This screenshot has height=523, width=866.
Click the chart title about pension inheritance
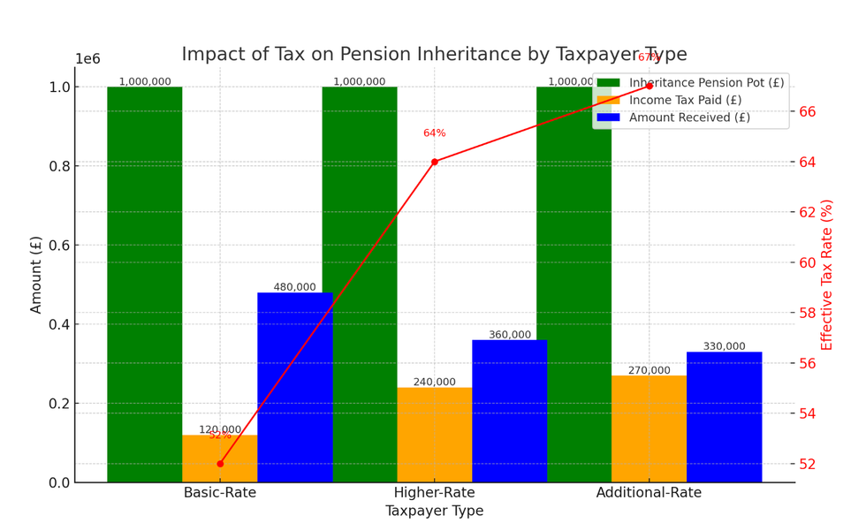(x=434, y=55)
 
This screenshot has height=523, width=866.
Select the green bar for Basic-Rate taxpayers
(x=145, y=283)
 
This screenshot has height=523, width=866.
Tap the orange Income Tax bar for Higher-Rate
(x=434, y=435)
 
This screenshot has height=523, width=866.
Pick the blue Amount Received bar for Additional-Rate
(x=724, y=417)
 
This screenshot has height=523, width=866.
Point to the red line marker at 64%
(x=434, y=162)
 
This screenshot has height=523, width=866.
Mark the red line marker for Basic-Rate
(x=220, y=464)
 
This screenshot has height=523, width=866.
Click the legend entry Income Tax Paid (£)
(x=685, y=100)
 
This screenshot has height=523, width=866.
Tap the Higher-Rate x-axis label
(x=434, y=493)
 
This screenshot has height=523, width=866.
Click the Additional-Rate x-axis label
(x=649, y=493)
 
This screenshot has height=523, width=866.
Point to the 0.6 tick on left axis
(x=58, y=245)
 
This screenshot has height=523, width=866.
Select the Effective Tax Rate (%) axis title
(x=827, y=275)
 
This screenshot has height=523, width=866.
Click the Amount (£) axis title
(x=36, y=275)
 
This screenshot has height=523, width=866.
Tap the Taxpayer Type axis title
(x=434, y=512)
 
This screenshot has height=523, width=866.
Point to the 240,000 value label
(x=434, y=383)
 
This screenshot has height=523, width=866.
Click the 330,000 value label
(x=724, y=346)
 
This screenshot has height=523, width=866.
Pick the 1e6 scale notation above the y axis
(x=87, y=59)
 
